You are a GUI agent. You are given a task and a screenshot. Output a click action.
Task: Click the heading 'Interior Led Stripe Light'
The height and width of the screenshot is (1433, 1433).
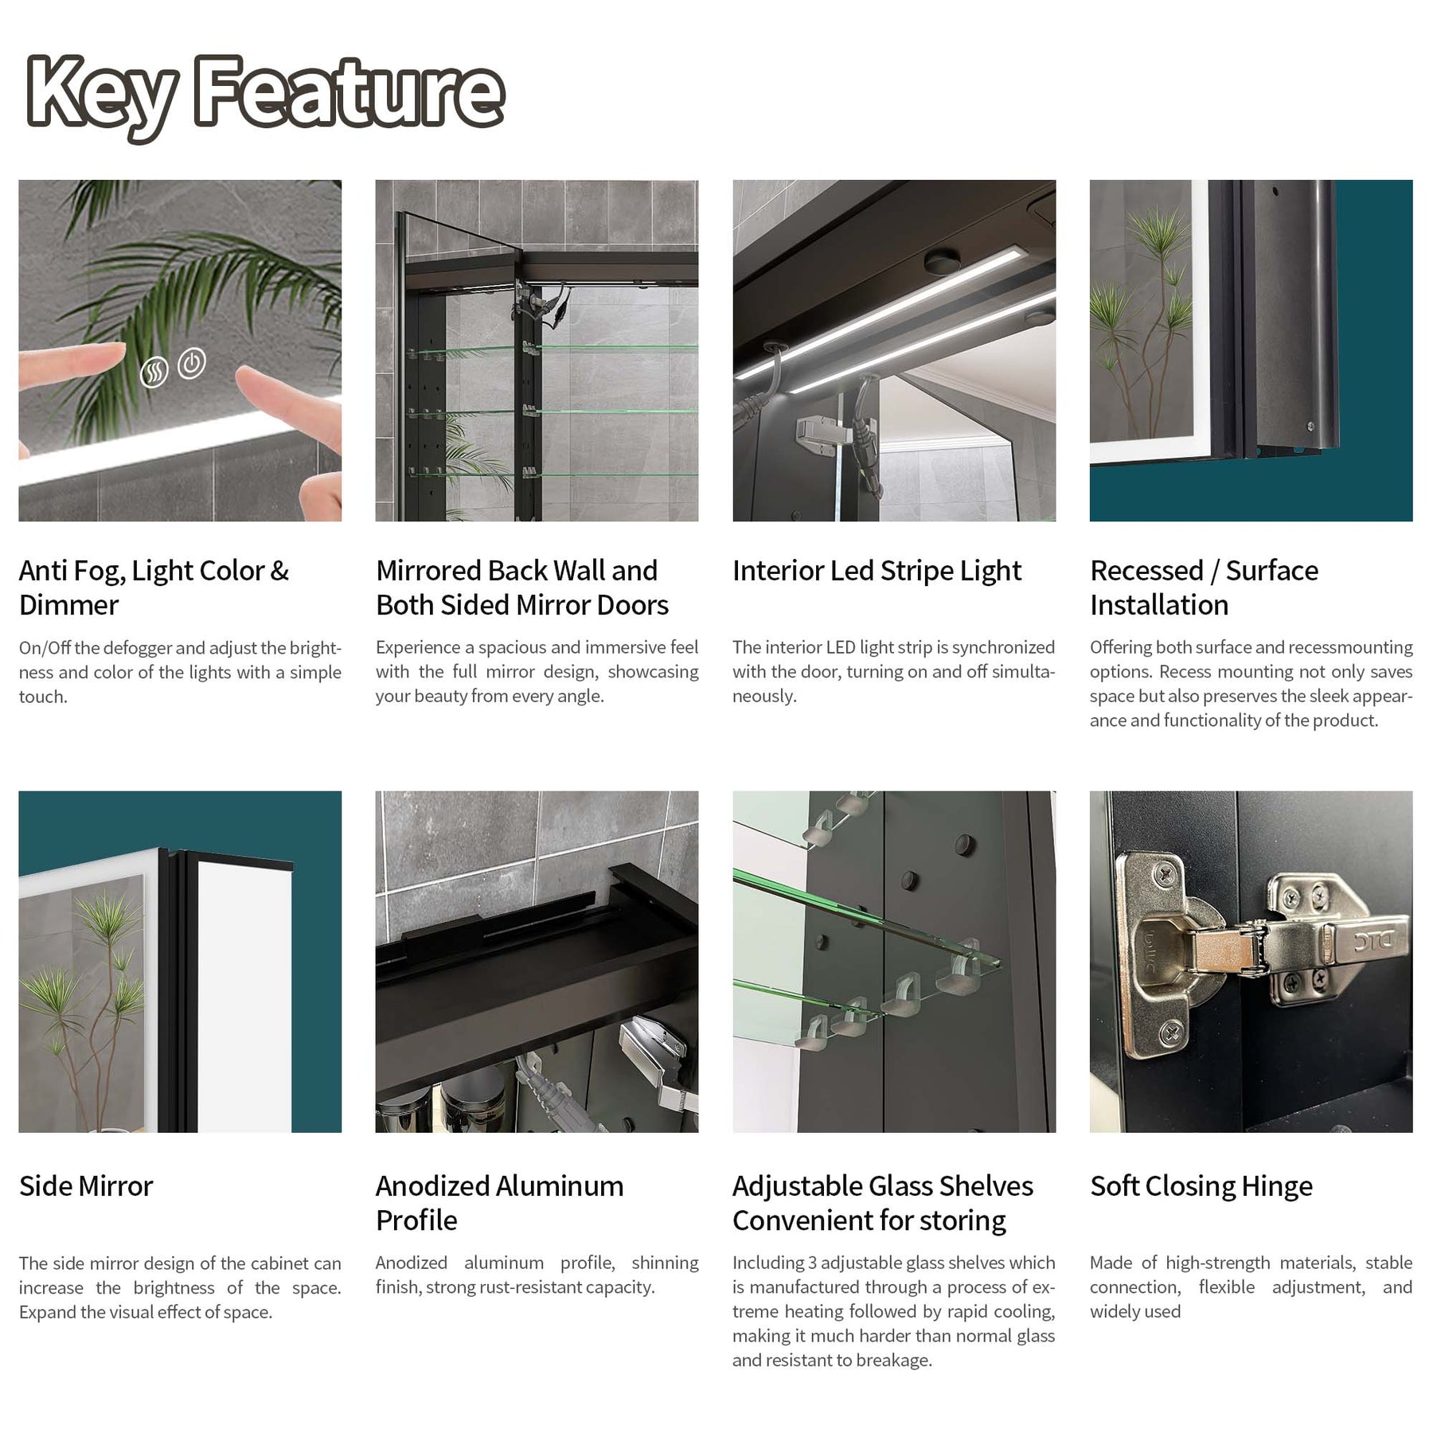(877, 571)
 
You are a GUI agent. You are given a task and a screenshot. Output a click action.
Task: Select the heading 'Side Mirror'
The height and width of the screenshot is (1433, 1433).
(86, 1185)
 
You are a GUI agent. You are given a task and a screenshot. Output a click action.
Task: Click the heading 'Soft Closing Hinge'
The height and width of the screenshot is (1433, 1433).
(1201, 1186)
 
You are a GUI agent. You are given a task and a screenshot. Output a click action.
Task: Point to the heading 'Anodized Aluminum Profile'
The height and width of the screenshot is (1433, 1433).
(499, 1203)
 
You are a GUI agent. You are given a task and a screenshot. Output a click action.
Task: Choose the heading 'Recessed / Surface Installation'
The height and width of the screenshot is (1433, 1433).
(1204, 588)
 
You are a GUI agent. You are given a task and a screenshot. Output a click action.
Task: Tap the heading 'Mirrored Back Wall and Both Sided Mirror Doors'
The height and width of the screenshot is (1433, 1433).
(521, 588)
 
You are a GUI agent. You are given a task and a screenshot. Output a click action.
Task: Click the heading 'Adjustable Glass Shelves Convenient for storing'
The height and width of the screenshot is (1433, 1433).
(882, 1203)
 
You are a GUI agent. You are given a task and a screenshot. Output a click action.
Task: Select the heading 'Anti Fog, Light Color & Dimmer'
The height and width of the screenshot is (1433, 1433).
(154, 588)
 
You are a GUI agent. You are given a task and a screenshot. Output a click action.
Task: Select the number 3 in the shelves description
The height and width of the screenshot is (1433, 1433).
(812, 1263)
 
